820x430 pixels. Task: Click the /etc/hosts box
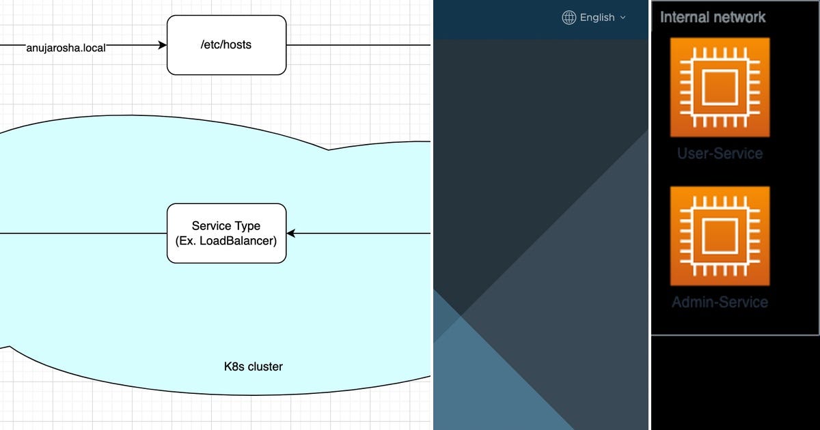tap(226, 45)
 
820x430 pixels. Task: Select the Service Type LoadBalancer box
tap(226, 233)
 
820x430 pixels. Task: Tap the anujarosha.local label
tap(66, 48)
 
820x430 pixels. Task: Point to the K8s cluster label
tap(253, 367)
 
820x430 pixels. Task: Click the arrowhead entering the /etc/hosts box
tap(163, 45)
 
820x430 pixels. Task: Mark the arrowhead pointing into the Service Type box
tap(290, 233)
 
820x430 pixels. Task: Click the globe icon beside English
tap(569, 18)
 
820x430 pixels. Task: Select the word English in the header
tap(597, 18)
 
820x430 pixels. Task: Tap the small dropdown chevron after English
tap(623, 18)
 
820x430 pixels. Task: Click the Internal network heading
tap(713, 17)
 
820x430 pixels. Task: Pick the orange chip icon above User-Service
tap(720, 87)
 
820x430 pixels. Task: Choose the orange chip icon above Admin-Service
tap(720, 236)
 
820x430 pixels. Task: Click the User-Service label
tap(720, 153)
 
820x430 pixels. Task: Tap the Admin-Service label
tap(720, 302)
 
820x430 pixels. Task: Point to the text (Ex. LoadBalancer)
tap(226, 240)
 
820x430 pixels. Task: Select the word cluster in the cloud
tap(265, 367)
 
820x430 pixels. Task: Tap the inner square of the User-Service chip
tap(720, 87)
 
